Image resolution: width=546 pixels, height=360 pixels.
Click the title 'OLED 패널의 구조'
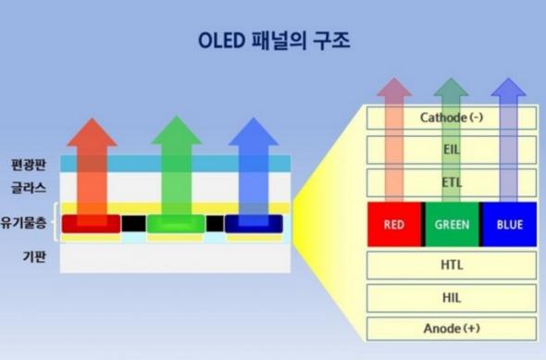tap(272, 42)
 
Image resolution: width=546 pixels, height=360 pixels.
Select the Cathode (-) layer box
tap(452, 118)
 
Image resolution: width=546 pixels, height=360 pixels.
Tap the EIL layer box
tap(452, 149)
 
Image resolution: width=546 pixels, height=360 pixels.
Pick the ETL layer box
tap(452, 181)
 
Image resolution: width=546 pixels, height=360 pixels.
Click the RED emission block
tap(394, 224)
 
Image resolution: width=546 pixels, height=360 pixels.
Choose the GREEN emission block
tap(452, 224)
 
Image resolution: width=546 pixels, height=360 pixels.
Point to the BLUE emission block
tap(509, 224)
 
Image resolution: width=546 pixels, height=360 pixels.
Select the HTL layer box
tap(452, 265)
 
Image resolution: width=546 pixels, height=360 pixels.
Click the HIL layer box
tap(452, 297)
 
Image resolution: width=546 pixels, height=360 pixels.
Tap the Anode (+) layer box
tap(452, 329)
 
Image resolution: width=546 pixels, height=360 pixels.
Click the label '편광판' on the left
tap(29, 163)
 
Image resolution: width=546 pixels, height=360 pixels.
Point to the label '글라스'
tap(29, 188)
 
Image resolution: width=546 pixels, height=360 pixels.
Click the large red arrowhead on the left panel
tap(92, 134)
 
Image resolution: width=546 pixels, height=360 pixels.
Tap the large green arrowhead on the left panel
tap(176, 134)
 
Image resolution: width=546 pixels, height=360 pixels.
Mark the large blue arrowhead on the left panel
tap(254, 134)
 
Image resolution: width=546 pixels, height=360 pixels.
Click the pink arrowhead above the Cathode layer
tap(394, 90)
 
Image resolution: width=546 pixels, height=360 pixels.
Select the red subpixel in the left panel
tap(91, 224)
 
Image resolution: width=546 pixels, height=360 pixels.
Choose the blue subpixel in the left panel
tap(254, 224)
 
